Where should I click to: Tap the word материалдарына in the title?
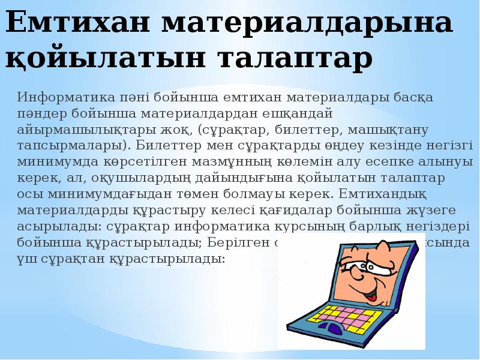307,23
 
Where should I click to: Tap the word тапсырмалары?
71,145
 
